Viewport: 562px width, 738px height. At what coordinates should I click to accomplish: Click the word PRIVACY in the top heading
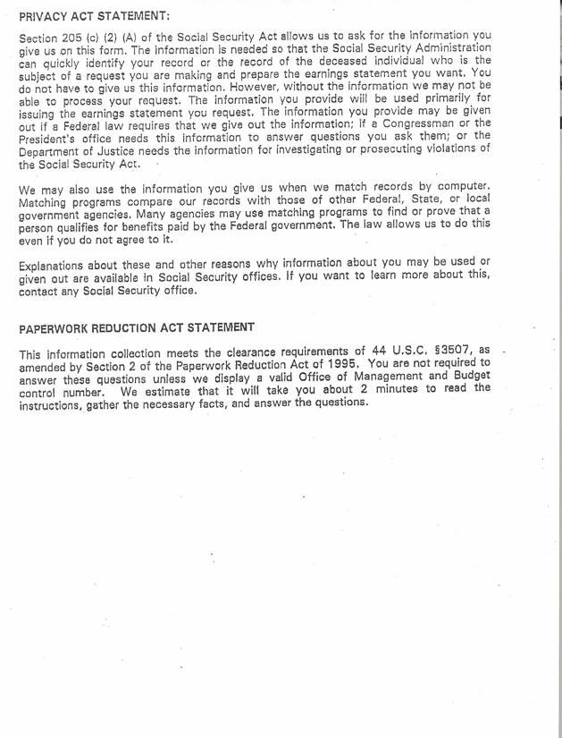pos(43,16)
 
